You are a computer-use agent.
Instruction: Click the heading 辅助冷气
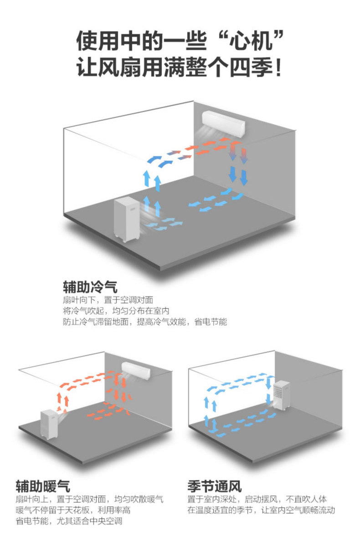point(90,287)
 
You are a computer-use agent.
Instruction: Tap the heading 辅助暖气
point(43,486)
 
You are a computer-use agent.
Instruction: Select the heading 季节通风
point(214,486)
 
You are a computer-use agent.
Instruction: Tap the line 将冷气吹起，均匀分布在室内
point(116,311)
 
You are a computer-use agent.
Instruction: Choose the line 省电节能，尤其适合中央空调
point(69,521)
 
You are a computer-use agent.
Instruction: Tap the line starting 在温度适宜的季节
point(261,510)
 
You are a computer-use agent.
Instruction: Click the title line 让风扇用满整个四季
point(180,68)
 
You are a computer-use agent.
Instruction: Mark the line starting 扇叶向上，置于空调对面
point(89,499)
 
